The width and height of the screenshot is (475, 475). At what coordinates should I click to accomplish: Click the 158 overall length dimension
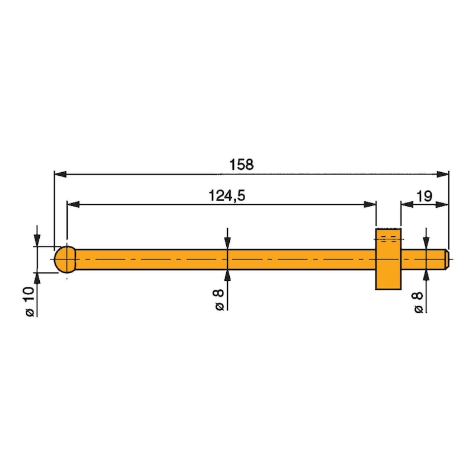click(242, 164)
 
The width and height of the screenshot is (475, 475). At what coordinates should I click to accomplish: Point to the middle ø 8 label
click(220, 299)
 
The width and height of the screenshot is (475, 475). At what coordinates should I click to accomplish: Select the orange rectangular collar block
click(388, 259)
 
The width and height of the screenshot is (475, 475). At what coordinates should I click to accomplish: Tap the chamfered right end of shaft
click(446, 259)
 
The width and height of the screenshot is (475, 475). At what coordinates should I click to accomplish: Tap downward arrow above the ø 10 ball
click(37, 240)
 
